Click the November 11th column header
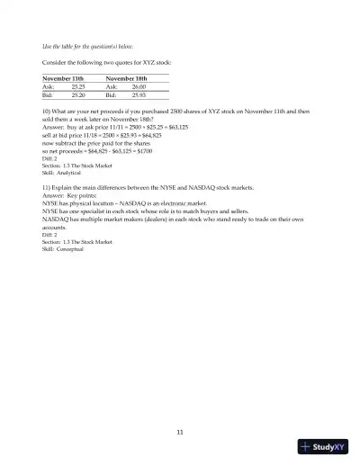[63, 79]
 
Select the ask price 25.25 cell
[78, 86]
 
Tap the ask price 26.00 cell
[139, 86]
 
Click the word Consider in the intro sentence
[56, 63]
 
